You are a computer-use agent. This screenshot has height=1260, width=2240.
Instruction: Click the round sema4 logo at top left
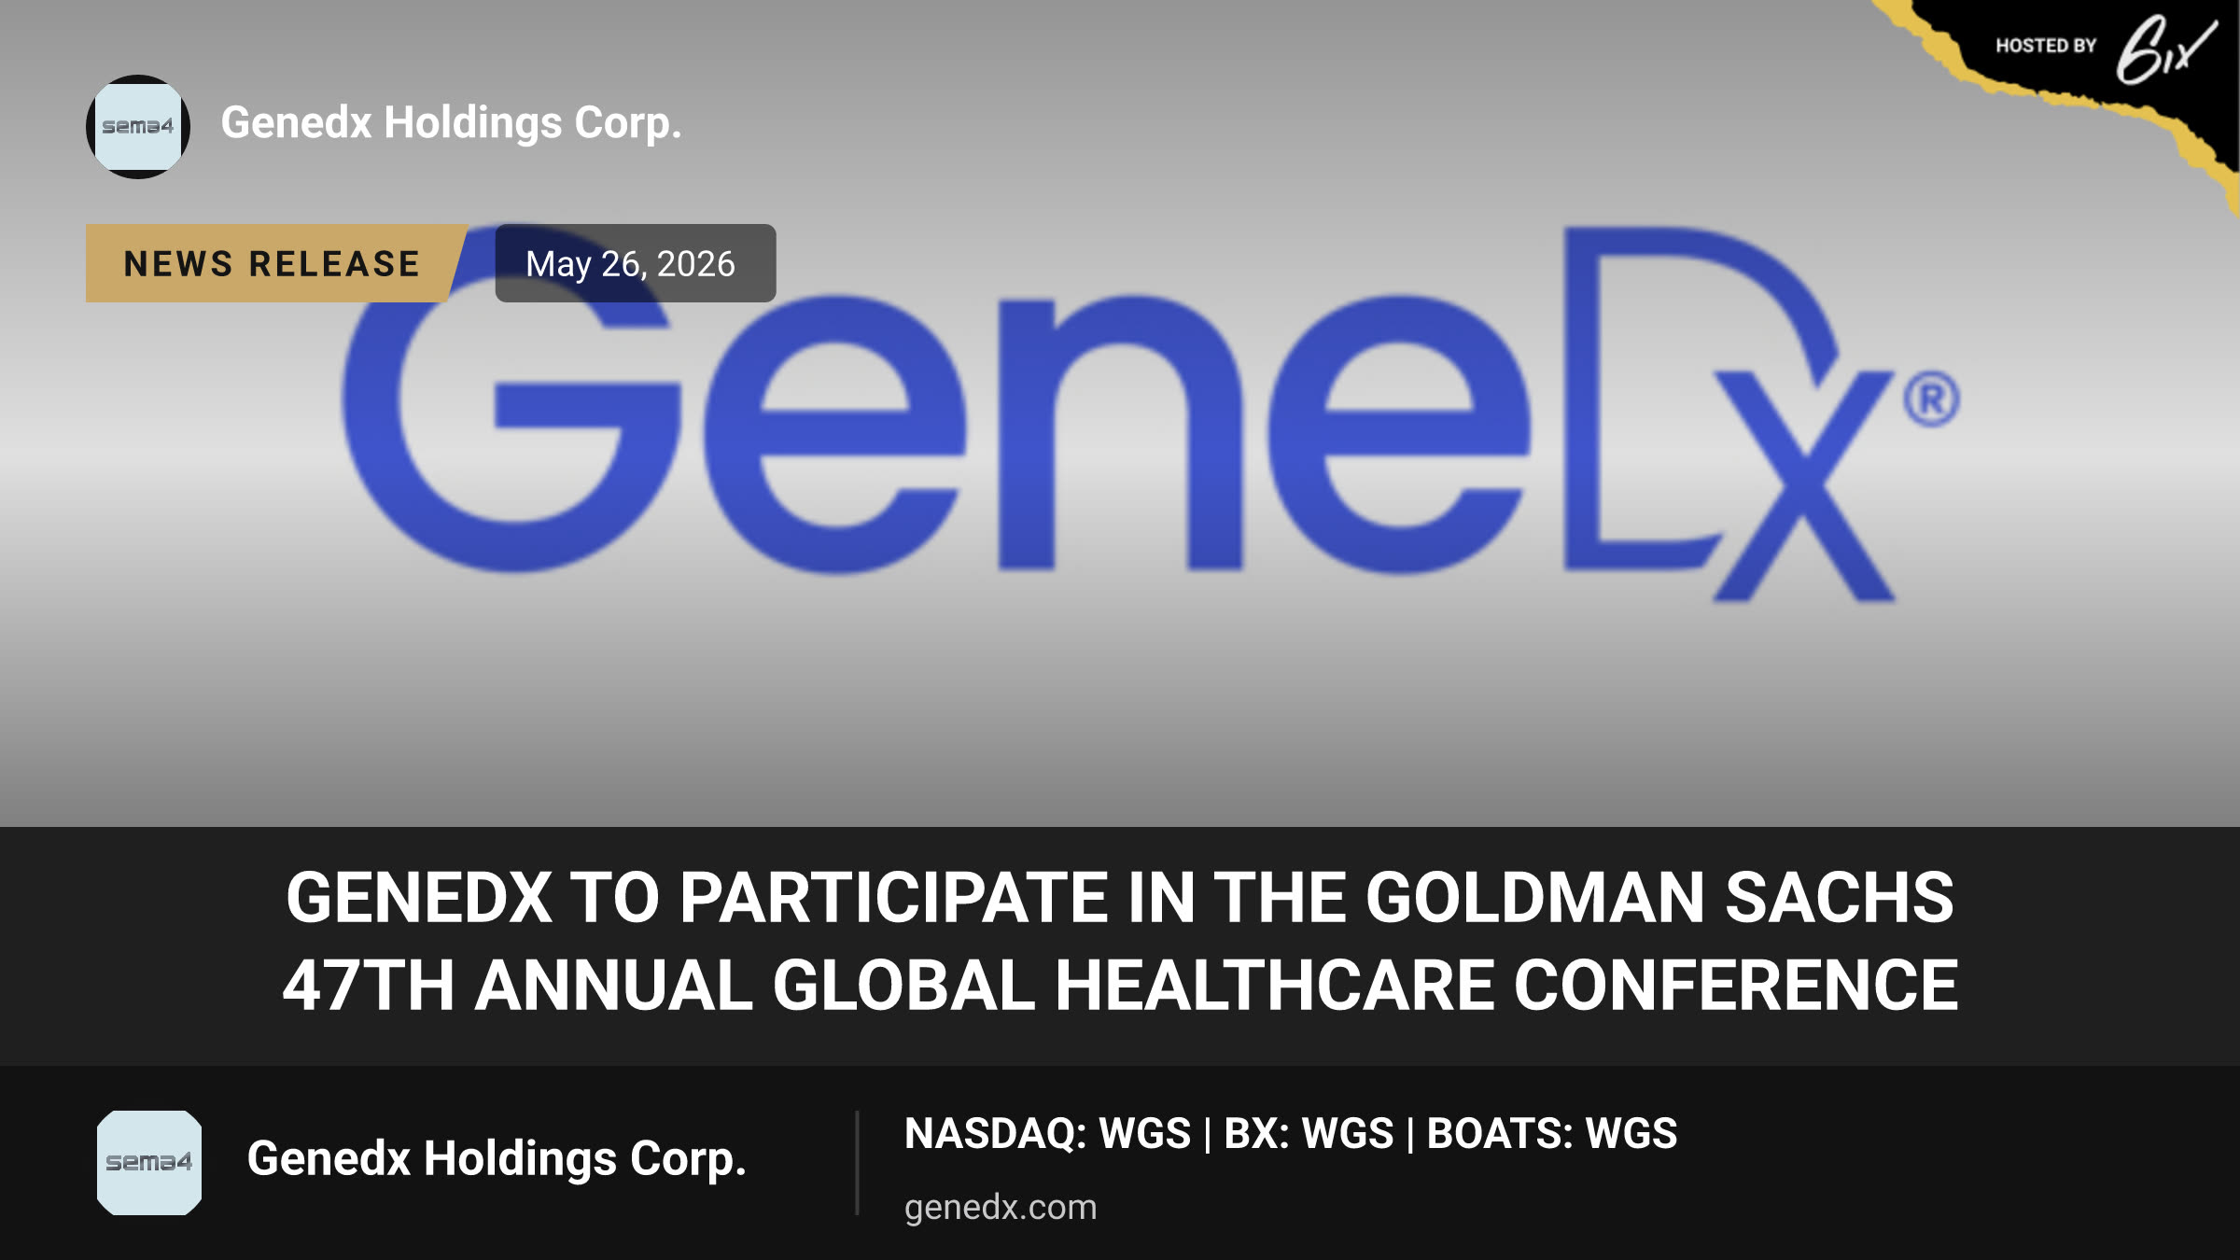click(138, 127)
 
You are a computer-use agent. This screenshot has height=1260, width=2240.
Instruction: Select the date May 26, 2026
click(631, 264)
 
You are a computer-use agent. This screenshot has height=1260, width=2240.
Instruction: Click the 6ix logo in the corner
click(2165, 49)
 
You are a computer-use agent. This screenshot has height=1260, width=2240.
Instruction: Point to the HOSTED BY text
click(2046, 46)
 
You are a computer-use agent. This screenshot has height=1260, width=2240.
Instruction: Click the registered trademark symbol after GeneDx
click(1932, 399)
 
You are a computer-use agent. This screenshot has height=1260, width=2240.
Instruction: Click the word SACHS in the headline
click(1840, 898)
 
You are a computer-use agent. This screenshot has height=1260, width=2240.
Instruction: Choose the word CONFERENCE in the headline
click(1736, 986)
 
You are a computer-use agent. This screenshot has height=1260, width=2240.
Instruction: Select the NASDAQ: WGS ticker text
click(1048, 1133)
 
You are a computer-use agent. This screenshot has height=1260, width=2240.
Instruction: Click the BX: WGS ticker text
click(1309, 1133)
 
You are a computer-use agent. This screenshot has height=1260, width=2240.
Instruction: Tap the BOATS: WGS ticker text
click(1552, 1133)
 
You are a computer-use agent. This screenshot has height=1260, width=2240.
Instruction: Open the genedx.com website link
click(1001, 1208)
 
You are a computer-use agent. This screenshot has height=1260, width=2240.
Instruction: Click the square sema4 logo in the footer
click(149, 1163)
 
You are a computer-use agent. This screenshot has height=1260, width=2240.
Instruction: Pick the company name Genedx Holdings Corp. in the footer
click(497, 1159)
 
